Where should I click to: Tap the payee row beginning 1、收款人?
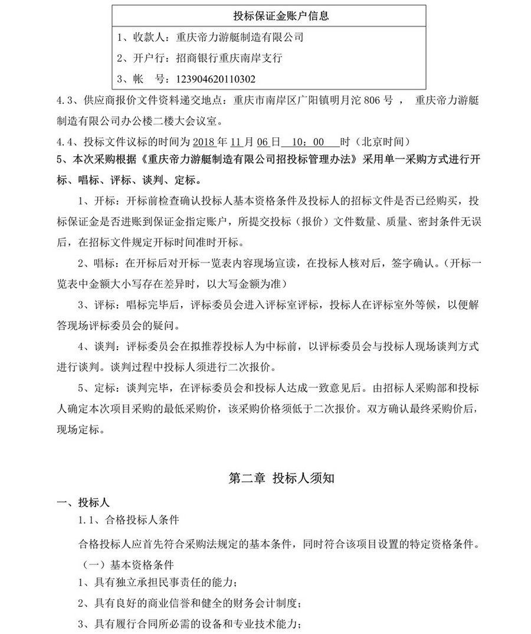[211, 37]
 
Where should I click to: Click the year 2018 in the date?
[205, 142]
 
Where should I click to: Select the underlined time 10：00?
[310, 142]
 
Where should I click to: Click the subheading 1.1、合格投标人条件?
[129, 521]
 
